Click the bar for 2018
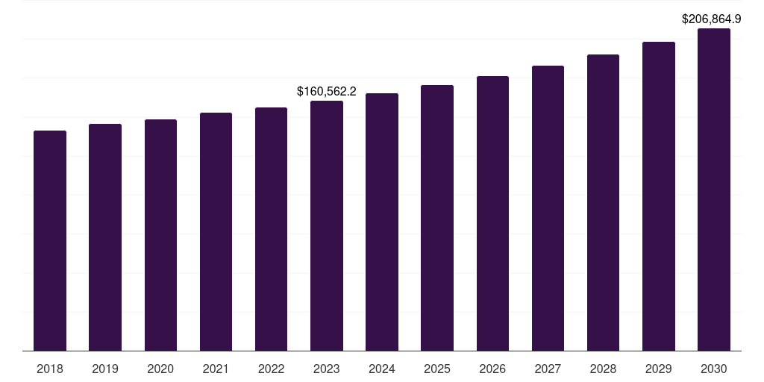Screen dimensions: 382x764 (x=50, y=240)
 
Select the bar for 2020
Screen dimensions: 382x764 (x=160, y=235)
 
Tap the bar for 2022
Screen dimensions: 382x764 (x=271, y=229)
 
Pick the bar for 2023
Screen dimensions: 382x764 (x=327, y=225)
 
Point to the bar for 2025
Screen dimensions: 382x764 (x=437, y=218)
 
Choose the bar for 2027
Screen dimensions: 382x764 (x=548, y=208)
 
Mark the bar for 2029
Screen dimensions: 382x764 (x=659, y=196)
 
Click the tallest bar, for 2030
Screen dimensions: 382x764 (x=714, y=190)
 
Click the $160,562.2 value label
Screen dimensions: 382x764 (x=327, y=92)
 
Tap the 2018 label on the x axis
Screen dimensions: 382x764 (x=50, y=369)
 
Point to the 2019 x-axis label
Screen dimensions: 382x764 (x=105, y=369)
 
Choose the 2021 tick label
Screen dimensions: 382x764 (x=216, y=369)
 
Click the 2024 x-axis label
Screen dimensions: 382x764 (x=382, y=369)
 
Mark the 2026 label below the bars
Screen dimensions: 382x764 (x=492, y=369)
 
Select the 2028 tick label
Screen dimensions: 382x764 (x=603, y=369)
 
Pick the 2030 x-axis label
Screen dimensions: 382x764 (x=714, y=369)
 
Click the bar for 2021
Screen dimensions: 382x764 (x=216, y=231)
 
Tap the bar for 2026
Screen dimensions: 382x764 (x=492, y=213)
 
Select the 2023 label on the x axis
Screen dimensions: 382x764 (x=327, y=369)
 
